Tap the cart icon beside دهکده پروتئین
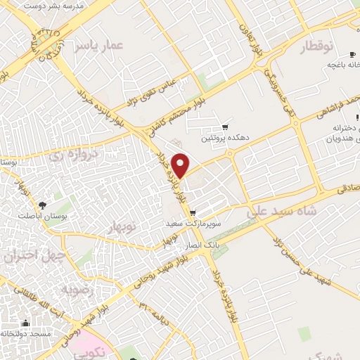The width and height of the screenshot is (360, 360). (x=224, y=127)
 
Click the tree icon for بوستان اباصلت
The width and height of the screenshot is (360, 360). (x=43, y=206)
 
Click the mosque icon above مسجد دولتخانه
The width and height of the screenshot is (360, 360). (x=25, y=323)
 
